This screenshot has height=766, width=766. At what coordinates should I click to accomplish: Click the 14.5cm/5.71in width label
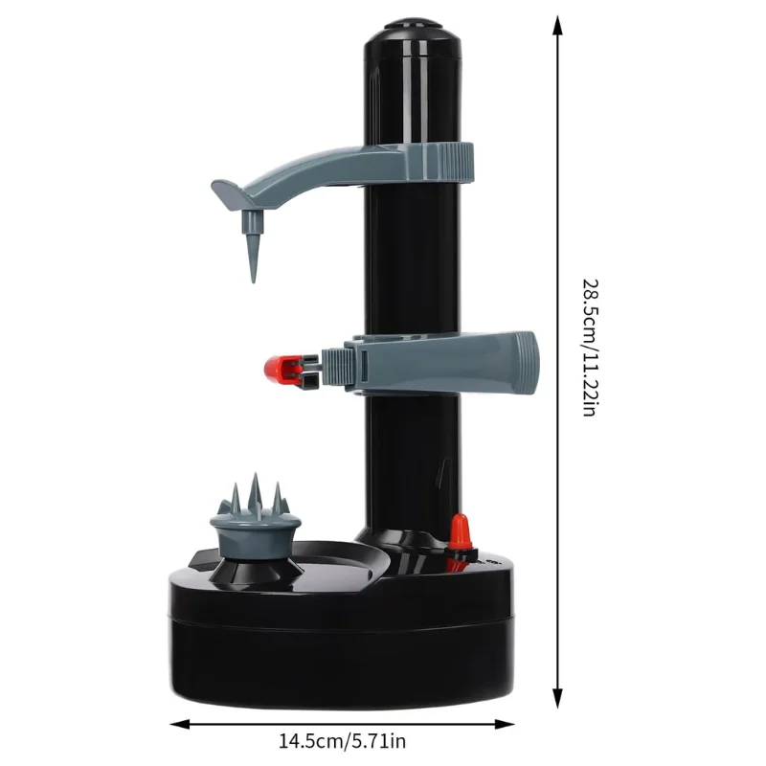coord(342,740)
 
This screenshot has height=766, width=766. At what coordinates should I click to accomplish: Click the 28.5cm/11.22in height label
coord(590,348)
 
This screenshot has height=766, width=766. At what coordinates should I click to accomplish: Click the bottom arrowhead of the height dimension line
coord(557,698)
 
